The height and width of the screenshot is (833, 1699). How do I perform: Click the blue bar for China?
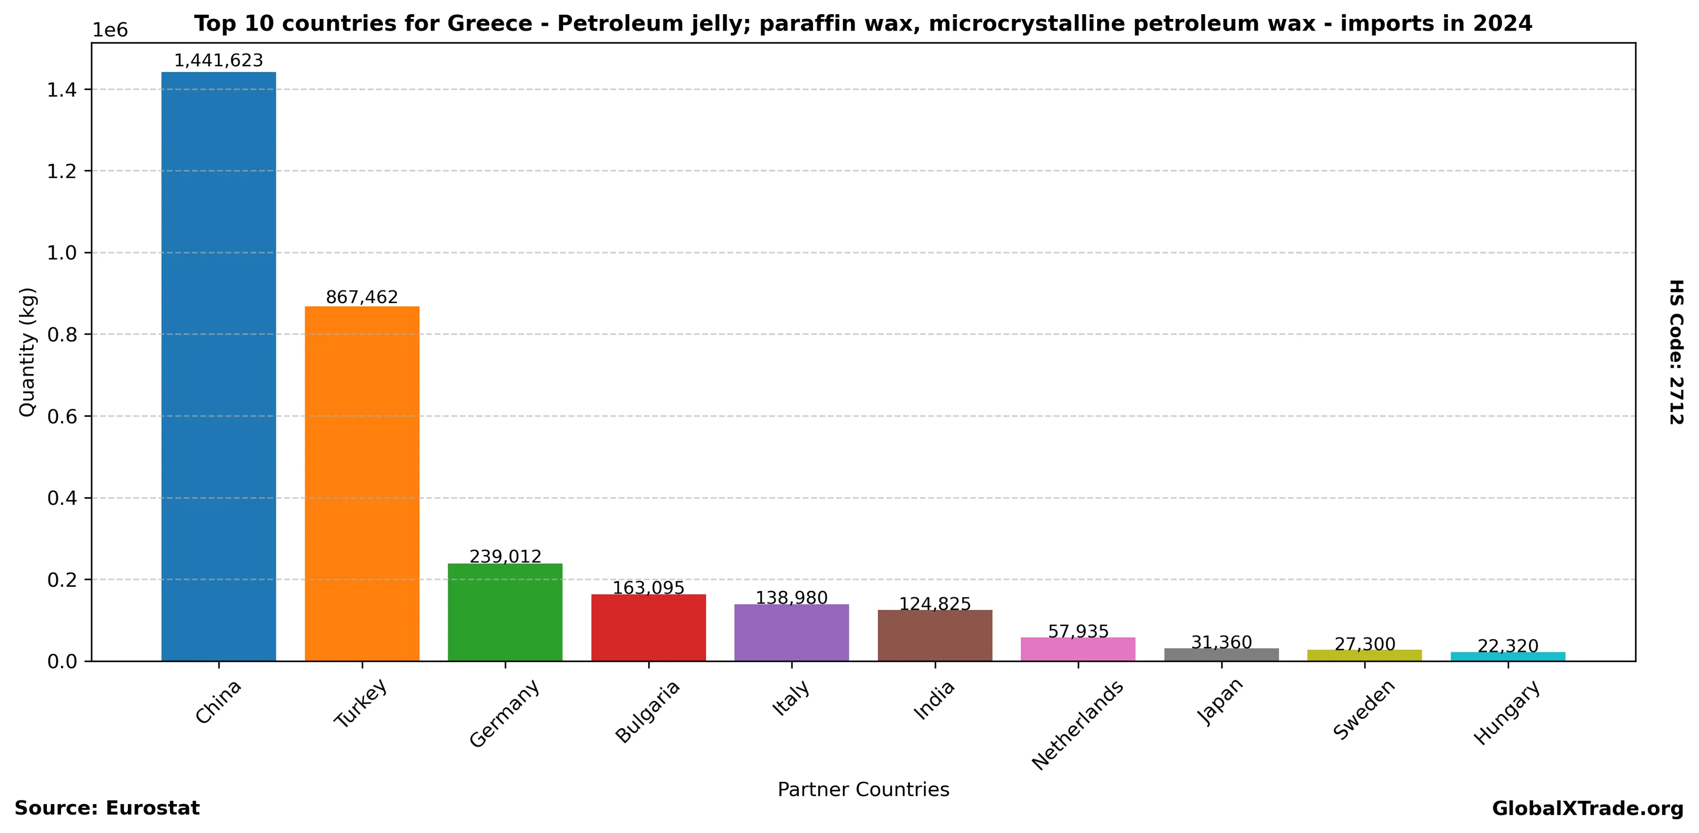pyautogui.click(x=218, y=366)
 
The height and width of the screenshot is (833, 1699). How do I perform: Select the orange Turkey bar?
pyautogui.click(x=361, y=484)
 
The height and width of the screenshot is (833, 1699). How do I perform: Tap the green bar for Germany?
pyautogui.click(x=505, y=612)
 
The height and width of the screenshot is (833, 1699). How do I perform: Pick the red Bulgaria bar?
pyautogui.click(x=648, y=627)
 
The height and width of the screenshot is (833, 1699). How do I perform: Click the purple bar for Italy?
pyautogui.click(x=791, y=633)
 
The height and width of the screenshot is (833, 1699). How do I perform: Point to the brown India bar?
pyautogui.click(x=934, y=635)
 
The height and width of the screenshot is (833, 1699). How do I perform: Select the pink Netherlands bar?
pyautogui.click(x=1078, y=649)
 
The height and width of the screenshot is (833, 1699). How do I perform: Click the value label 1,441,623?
pyautogui.click(x=218, y=61)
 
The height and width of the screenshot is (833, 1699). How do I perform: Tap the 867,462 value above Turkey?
pyautogui.click(x=361, y=297)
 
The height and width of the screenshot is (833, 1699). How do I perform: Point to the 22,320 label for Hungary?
pyautogui.click(x=1507, y=646)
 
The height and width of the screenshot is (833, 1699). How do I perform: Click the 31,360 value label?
pyautogui.click(x=1221, y=643)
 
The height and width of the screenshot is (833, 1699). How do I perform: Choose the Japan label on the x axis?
pyautogui.click(x=1220, y=702)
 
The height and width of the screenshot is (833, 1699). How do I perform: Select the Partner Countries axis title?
pyautogui.click(x=863, y=789)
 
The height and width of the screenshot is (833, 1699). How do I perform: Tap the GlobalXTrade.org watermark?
pyautogui.click(x=1587, y=809)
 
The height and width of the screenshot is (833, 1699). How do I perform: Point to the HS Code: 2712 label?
pyautogui.click(x=1676, y=352)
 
